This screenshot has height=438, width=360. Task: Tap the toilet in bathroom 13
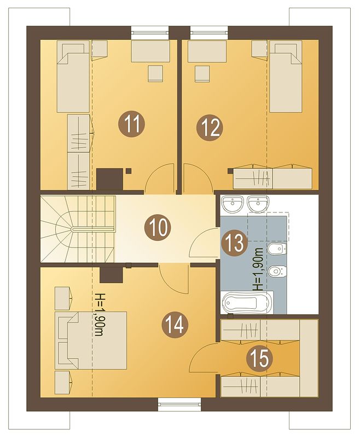(277, 270)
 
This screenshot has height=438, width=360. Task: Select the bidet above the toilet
(277, 249)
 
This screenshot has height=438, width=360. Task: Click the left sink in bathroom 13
(232, 204)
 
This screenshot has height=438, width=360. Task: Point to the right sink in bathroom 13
(258, 204)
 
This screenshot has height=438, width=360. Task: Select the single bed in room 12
(286, 77)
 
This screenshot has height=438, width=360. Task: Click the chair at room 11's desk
(155, 73)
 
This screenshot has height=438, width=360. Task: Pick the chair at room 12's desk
(202, 73)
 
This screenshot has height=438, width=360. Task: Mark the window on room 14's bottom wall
(179, 404)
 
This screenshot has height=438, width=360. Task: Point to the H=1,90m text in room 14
(98, 315)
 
